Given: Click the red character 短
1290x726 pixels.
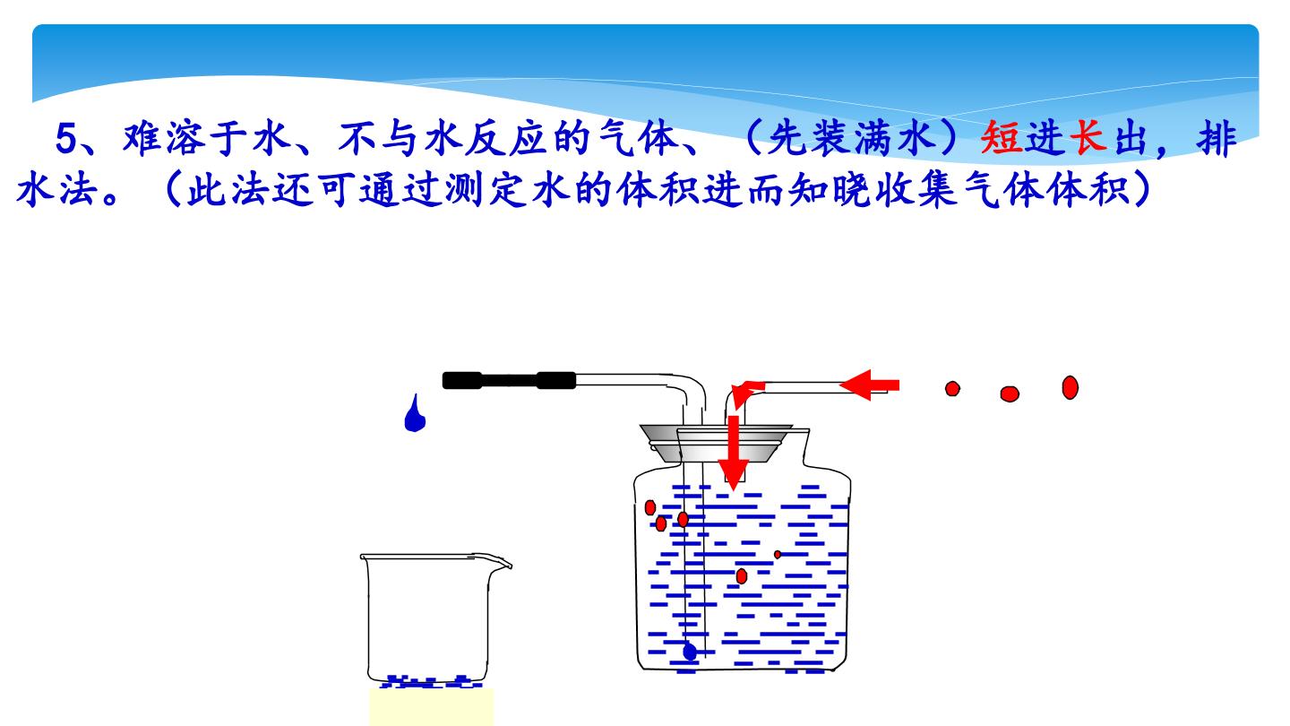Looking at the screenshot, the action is coord(1002,138).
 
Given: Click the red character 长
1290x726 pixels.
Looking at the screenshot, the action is coord(1088,138).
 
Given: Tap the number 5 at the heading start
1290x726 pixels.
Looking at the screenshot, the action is coord(66,139).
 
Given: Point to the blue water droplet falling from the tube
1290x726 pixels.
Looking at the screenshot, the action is coord(415,414).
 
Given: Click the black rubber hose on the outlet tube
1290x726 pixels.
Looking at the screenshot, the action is coord(509,380).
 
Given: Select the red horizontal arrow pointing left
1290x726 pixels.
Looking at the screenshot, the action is coord(870,385).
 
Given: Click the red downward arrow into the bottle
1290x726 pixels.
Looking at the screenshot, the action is coord(733,453).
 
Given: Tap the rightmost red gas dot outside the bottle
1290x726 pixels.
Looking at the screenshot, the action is coord(1070,387).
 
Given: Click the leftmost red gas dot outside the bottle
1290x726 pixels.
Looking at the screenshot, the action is coord(952,388).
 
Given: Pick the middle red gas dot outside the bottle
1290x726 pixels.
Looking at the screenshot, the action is coord(1010,393).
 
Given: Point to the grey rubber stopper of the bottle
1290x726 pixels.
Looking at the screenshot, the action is coord(716,443).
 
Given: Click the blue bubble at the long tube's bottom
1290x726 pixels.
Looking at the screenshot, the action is coord(690,652).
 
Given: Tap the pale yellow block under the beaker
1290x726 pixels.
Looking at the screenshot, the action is coord(432,707).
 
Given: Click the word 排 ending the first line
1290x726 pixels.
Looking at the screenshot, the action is coord(1216,139).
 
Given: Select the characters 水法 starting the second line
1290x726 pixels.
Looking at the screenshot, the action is coord(57,189).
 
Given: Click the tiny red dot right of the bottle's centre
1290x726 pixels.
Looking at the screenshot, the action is coord(778,554).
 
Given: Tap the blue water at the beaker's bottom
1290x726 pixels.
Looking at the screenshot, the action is coord(431,681).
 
